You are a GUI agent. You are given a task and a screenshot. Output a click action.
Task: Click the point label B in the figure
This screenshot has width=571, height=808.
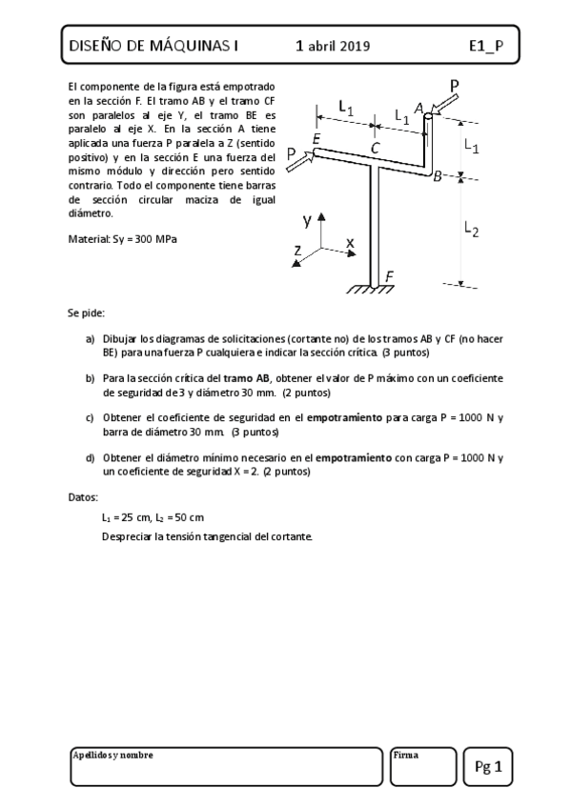pos(438,176)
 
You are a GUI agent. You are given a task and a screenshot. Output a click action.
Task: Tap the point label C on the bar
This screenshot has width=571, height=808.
pos(376,147)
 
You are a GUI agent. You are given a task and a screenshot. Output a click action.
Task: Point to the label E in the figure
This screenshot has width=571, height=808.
pos(316,139)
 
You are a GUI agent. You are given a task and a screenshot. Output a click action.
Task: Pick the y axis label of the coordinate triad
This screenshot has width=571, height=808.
pos(307,220)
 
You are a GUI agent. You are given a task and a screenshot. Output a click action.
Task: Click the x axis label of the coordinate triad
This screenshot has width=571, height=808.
pos(350,243)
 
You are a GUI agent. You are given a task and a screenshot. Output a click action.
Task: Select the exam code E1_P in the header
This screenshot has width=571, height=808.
pos(486,46)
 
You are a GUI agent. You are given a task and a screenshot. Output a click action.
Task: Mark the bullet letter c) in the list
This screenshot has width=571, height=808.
pos(90,417)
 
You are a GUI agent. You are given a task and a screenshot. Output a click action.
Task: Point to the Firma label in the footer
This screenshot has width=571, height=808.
pos(405,755)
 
